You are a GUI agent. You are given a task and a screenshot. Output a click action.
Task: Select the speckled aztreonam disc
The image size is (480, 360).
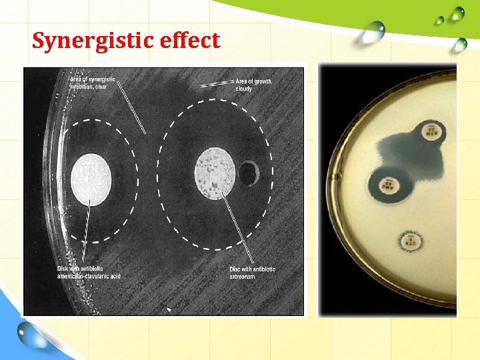(x=215, y=172)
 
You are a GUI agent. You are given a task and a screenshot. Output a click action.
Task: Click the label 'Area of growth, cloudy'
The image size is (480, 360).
(x=253, y=85)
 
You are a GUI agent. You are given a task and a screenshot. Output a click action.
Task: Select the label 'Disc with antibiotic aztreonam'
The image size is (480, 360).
(x=252, y=272)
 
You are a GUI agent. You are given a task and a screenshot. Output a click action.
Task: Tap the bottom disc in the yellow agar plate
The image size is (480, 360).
(x=411, y=241)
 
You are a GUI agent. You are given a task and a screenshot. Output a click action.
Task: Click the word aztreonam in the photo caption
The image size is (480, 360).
(x=244, y=276)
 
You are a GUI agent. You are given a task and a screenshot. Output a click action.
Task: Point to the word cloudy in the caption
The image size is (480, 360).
(x=244, y=89)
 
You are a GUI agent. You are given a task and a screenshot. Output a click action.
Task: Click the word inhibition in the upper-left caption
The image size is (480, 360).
(x=83, y=86)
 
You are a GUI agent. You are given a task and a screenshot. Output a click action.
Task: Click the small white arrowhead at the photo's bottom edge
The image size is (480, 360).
(x=169, y=309)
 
